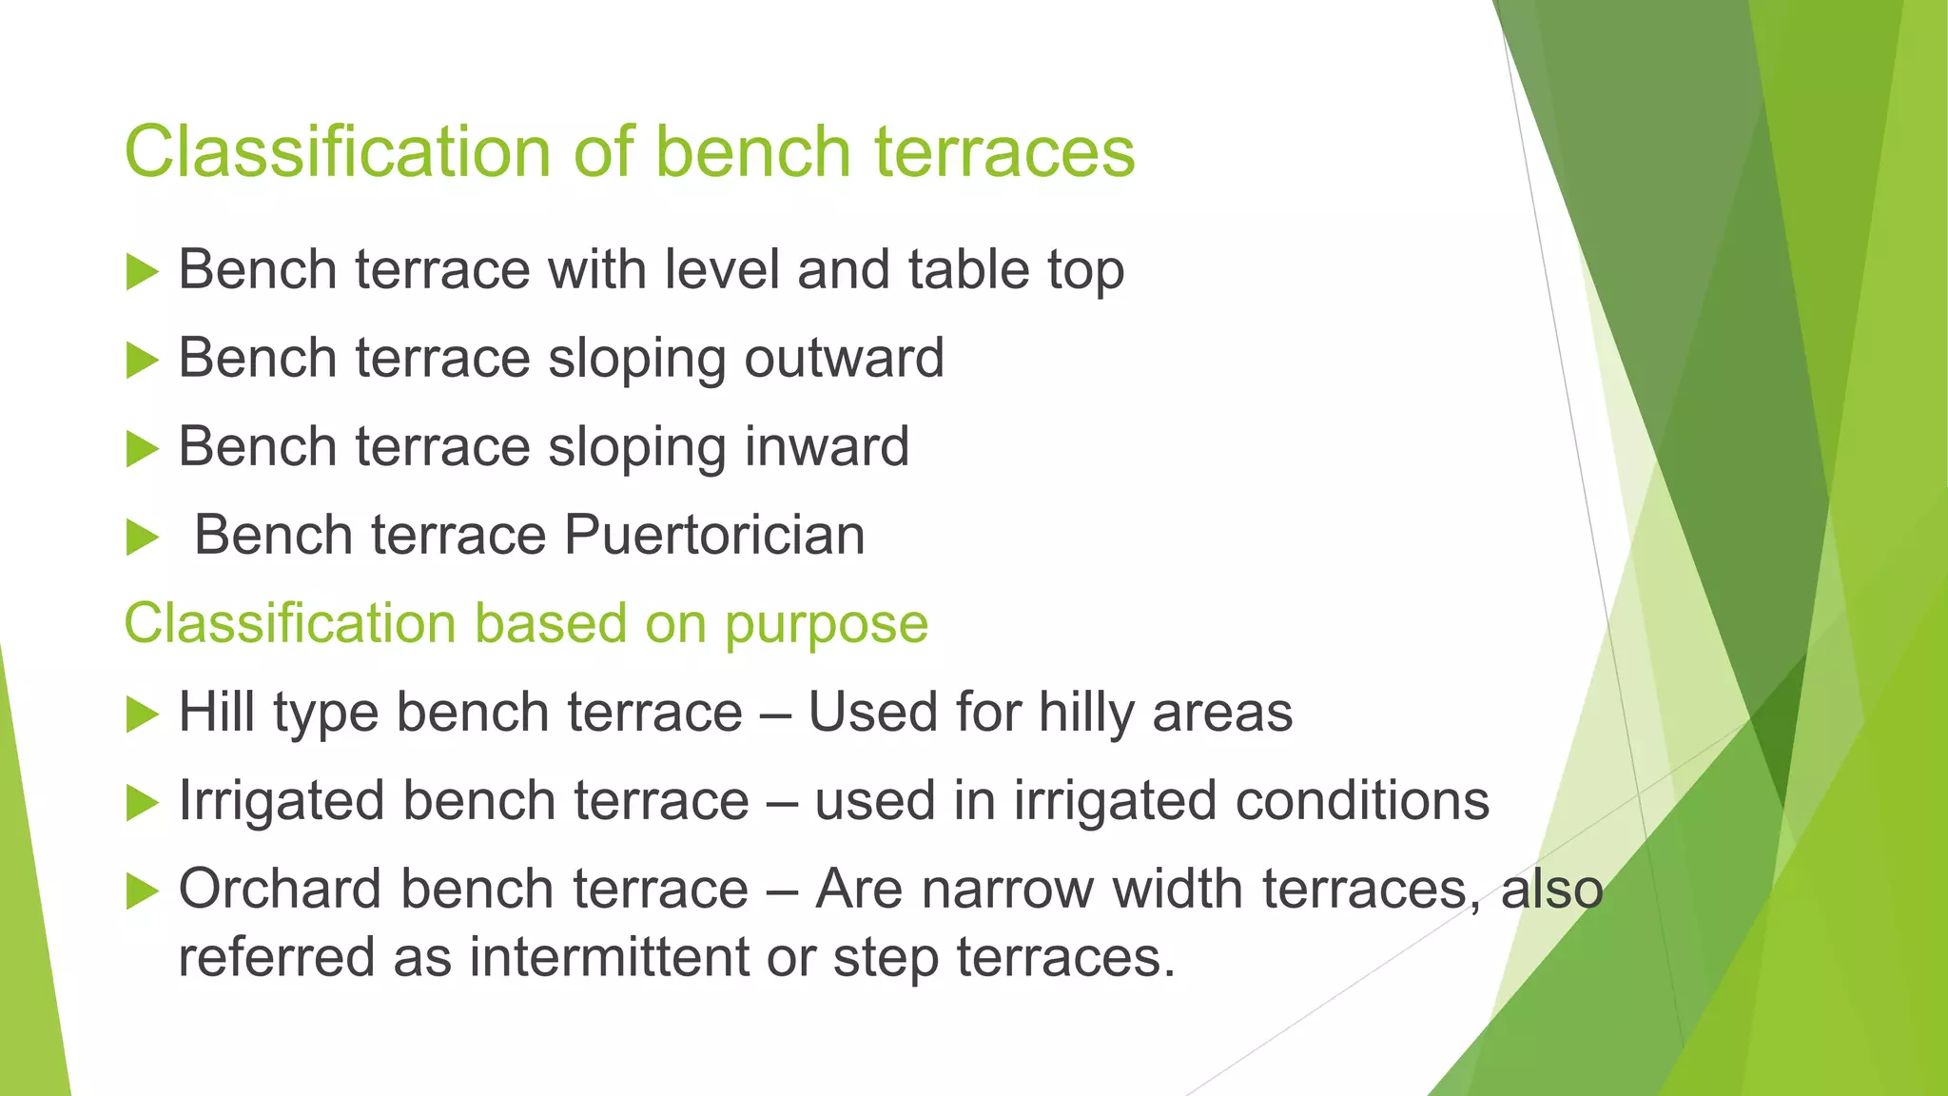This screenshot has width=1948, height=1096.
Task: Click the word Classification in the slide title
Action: point(338,152)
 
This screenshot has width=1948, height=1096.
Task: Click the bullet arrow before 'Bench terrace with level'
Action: point(142,272)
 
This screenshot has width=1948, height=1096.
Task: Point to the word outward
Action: point(844,358)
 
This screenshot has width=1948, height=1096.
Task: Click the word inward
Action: point(826,446)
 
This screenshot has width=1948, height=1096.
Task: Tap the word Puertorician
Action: point(714,535)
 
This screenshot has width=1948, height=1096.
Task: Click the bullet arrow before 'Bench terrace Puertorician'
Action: point(142,538)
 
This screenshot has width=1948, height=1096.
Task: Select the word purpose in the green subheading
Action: point(826,624)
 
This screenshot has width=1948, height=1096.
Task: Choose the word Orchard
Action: point(281,890)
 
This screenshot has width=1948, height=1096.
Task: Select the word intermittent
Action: point(609,956)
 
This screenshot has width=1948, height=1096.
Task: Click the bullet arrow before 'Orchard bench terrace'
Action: point(142,891)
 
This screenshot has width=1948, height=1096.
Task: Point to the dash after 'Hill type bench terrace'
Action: point(775,714)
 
